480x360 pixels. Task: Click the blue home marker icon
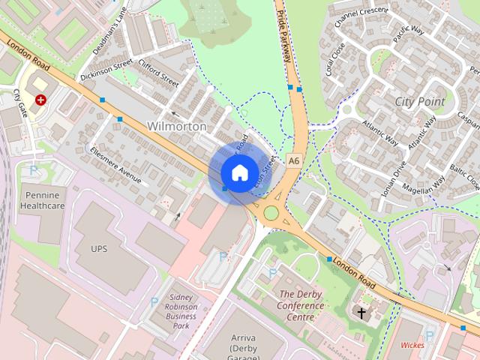click(x=238, y=172)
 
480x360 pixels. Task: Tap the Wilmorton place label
click(x=177, y=126)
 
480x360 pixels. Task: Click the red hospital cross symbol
click(x=40, y=99)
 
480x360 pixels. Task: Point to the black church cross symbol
click(x=361, y=312)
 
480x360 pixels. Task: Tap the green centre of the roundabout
click(x=271, y=213)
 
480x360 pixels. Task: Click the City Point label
click(x=419, y=101)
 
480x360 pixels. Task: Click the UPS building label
click(x=99, y=248)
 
